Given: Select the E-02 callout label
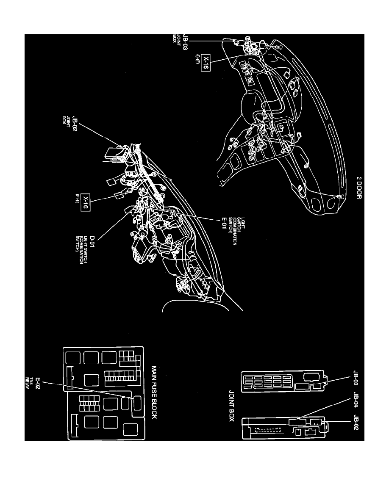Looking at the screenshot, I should [38, 384].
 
